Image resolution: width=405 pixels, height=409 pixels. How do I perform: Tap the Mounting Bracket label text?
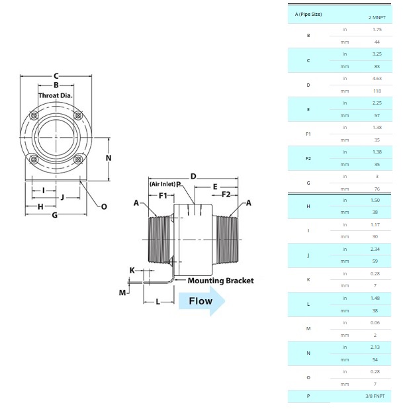tap(220, 281)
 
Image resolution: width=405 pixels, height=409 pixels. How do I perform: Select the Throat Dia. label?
tap(56, 95)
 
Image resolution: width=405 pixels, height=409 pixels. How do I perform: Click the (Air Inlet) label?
tap(162, 184)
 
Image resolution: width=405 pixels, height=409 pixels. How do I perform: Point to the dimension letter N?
tap(109, 158)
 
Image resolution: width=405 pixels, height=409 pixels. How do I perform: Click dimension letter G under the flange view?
tap(55, 215)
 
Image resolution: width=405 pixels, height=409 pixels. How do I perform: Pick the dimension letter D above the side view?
tap(193, 176)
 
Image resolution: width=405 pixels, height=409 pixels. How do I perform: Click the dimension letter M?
tap(122, 292)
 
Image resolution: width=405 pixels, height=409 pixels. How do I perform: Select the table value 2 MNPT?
tap(377, 17)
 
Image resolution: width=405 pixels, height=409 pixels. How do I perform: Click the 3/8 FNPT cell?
tap(377, 396)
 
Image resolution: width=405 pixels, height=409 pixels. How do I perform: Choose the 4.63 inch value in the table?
tap(377, 79)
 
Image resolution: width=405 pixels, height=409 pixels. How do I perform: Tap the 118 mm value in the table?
tap(377, 91)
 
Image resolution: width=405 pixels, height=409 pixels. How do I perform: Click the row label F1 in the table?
tap(308, 134)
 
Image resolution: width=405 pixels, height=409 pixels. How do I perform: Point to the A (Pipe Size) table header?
tap(309, 14)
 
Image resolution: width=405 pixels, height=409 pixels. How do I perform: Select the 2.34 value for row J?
tap(377, 250)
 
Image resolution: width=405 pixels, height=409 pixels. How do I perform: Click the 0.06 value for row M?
tap(377, 322)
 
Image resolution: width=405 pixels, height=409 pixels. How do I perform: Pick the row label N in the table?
tap(308, 353)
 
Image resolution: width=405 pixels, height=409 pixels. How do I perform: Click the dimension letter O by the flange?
tap(104, 206)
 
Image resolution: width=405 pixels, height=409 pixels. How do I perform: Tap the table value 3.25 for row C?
tap(377, 54)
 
